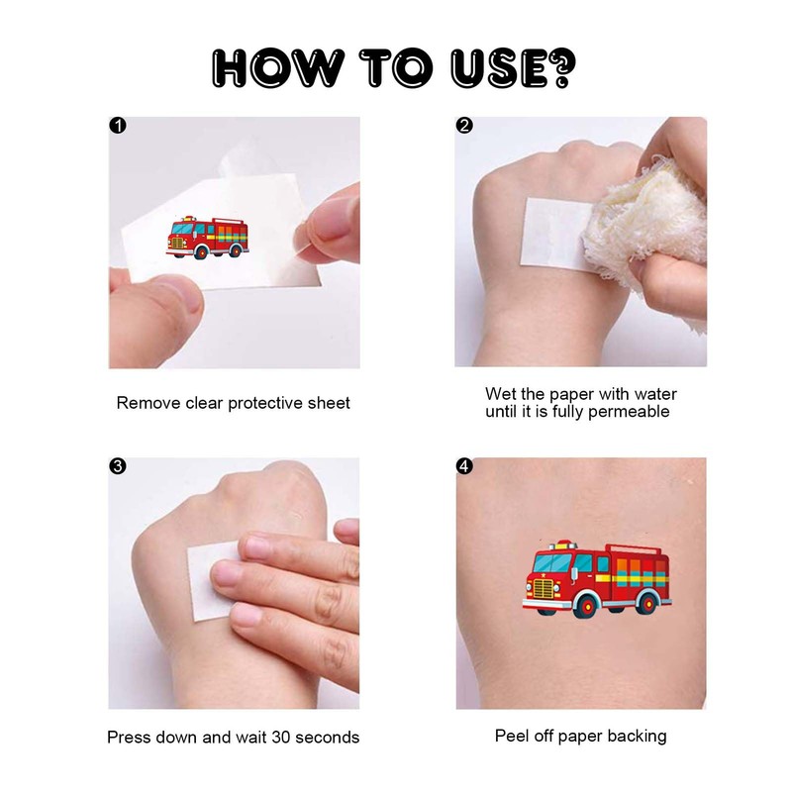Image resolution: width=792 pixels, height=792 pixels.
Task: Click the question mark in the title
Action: click(x=560, y=66)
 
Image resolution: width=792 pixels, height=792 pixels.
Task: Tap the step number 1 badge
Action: click(x=118, y=126)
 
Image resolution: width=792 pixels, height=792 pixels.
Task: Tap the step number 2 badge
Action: click(x=464, y=126)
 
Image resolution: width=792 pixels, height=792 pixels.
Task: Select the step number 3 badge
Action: click(x=118, y=466)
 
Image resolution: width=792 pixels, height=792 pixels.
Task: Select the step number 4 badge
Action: click(x=464, y=466)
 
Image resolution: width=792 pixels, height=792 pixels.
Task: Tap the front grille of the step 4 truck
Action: click(x=544, y=589)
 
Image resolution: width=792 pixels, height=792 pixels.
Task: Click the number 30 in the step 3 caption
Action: click(x=286, y=737)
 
